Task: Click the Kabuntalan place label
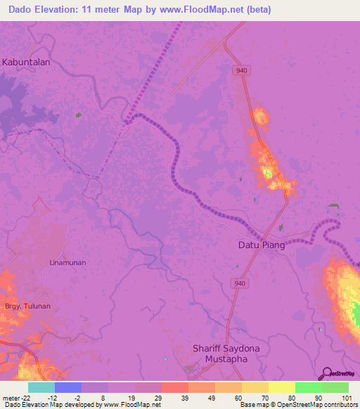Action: (x=26, y=62)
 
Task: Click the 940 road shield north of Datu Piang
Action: (x=243, y=70)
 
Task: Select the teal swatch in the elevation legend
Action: (x=41, y=387)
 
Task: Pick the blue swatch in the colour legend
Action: (x=68, y=387)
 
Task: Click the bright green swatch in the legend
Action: (x=308, y=387)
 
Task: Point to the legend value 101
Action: (x=348, y=398)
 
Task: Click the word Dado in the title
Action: (x=23, y=10)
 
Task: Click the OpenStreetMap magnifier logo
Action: (x=328, y=373)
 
